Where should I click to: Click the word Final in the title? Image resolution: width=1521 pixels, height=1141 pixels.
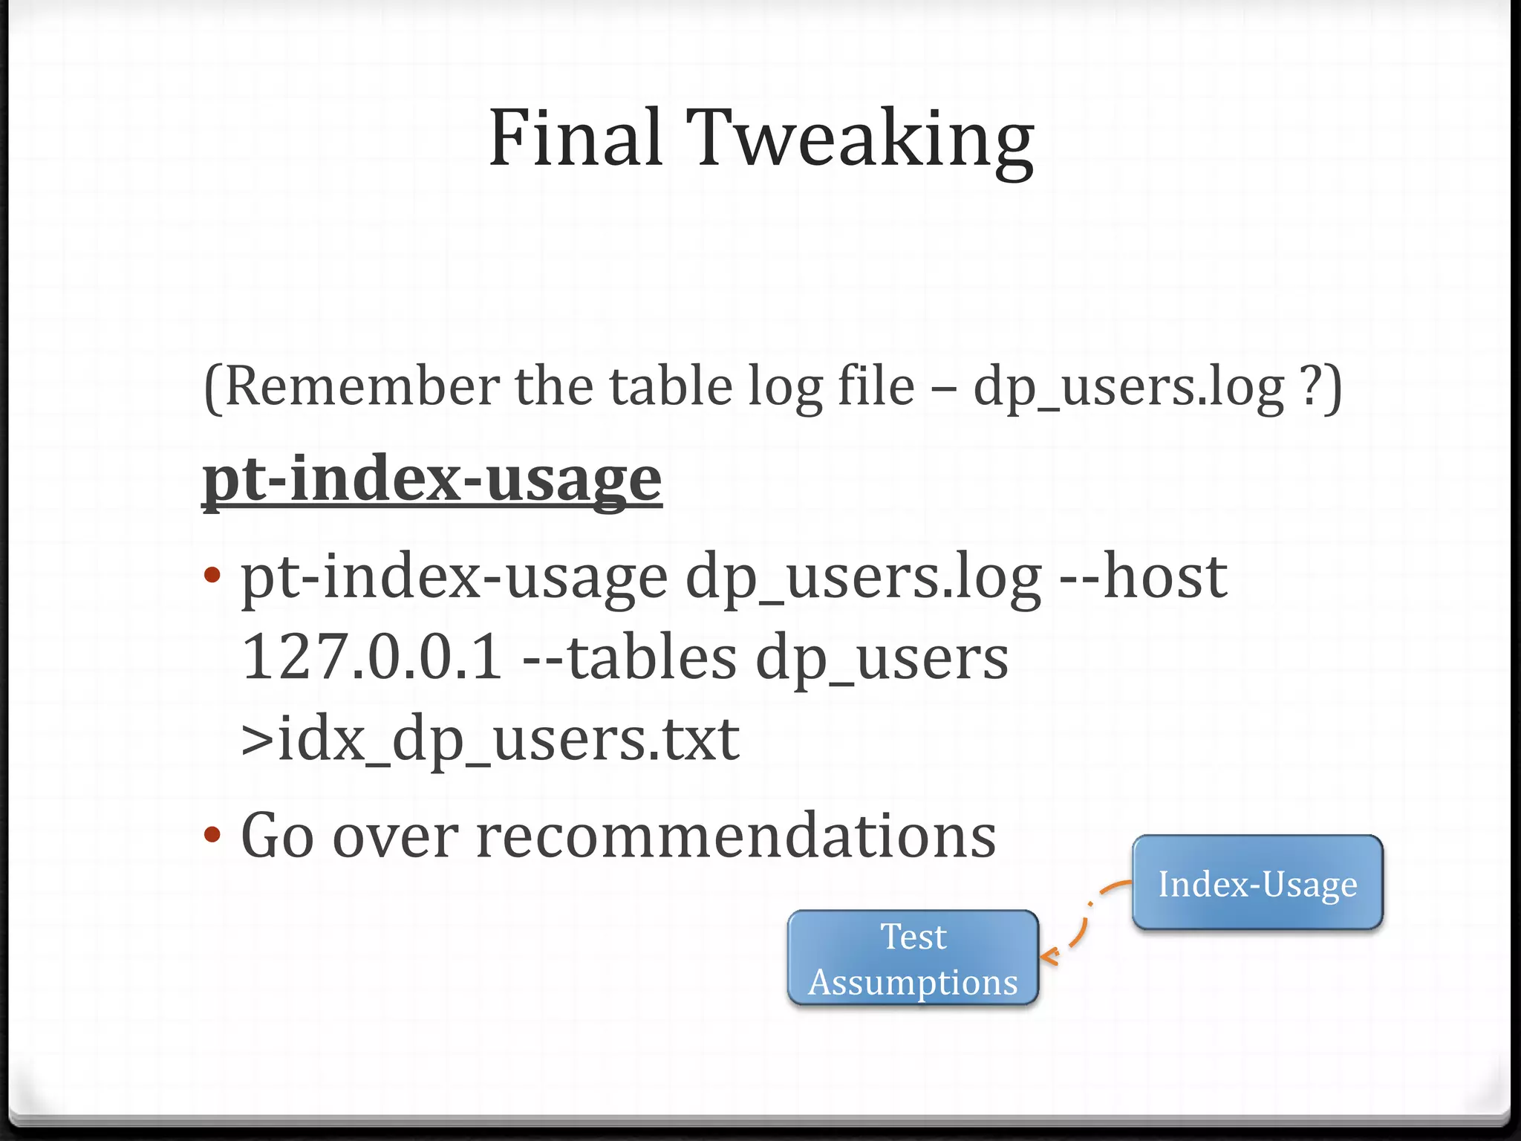tap(575, 138)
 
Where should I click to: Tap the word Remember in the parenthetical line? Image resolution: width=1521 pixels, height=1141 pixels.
tap(362, 386)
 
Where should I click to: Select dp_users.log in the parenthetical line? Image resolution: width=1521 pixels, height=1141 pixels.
tap(1129, 388)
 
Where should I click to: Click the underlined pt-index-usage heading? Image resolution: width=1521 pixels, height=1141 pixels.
tap(432, 479)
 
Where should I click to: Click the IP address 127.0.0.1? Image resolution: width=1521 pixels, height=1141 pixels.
tap(372, 658)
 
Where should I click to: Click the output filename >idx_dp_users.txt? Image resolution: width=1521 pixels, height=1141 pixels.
tap(490, 740)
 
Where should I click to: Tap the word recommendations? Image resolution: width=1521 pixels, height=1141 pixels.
tap(735, 836)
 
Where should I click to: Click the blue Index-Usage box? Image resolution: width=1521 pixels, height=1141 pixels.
tap(1257, 882)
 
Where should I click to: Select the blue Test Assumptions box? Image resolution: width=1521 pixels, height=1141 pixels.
tap(913, 958)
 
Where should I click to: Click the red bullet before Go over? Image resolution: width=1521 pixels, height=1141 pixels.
tap(212, 835)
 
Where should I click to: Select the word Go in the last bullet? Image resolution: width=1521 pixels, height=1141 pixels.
tap(277, 836)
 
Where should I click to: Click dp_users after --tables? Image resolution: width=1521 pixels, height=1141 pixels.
tap(882, 660)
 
